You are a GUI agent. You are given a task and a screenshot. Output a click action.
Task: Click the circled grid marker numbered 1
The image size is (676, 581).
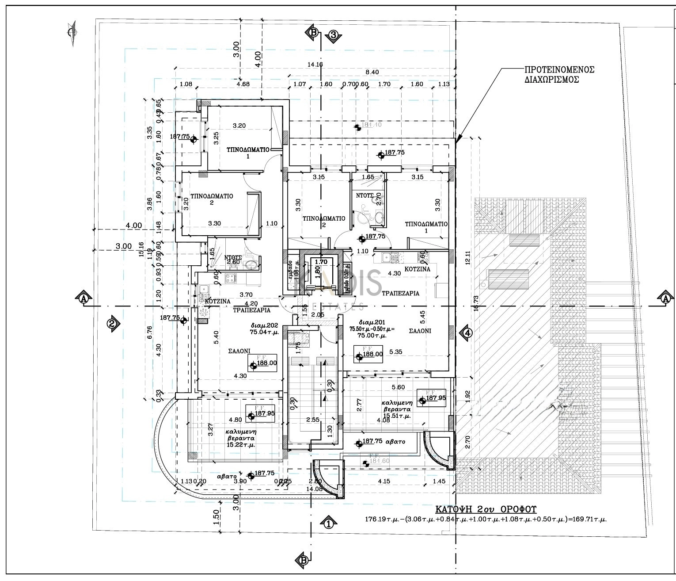click(x=328, y=524)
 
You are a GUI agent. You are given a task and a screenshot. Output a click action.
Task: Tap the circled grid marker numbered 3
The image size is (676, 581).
click(x=333, y=35)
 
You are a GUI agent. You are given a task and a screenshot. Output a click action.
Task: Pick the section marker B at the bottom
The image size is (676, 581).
click(x=304, y=560)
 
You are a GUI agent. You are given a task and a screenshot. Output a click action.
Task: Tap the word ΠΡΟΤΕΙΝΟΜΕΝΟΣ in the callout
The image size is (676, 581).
click(x=559, y=70)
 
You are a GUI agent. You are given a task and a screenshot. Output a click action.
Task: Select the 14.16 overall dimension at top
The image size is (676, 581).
click(x=315, y=65)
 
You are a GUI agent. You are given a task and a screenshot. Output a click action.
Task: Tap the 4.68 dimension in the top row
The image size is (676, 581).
click(x=243, y=84)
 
